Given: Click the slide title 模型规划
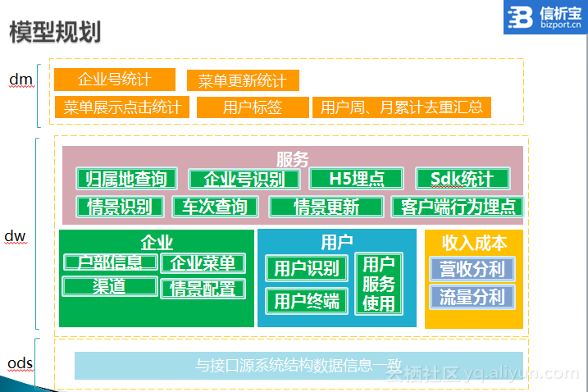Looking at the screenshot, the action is [x=55, y=32].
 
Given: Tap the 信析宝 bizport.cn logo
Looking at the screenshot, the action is [x=545, y=17].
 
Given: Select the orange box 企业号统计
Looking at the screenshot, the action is [x=115, y=80].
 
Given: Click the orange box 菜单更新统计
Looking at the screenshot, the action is [x=243, y=80].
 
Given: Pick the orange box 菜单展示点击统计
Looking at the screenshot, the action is [x=122, y=107].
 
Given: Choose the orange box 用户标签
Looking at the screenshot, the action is [x=253, y=107].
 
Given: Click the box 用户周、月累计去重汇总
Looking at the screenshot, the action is [x=402, y=107].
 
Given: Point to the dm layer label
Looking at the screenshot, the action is [x=21, y=80].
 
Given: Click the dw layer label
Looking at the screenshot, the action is [x=15, y=236].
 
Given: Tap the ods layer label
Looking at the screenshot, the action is [x=21, y=363].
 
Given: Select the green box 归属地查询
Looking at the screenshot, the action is [x=127, y=179].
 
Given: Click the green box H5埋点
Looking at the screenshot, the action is [x=356, y=179].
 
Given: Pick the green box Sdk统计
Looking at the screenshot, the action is [x=463, y=179].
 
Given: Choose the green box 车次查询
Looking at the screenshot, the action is [x=215, y=207].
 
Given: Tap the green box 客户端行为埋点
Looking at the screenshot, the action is [x=457, y=207].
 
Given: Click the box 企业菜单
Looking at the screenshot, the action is [x=203, y=263].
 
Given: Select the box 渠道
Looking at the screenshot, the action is [x=110, y=286].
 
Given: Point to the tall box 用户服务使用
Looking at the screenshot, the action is [x=379, y=284].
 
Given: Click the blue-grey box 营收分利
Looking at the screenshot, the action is [x=472, y=269].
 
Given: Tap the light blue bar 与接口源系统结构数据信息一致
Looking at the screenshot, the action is [x=299, y=366].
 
